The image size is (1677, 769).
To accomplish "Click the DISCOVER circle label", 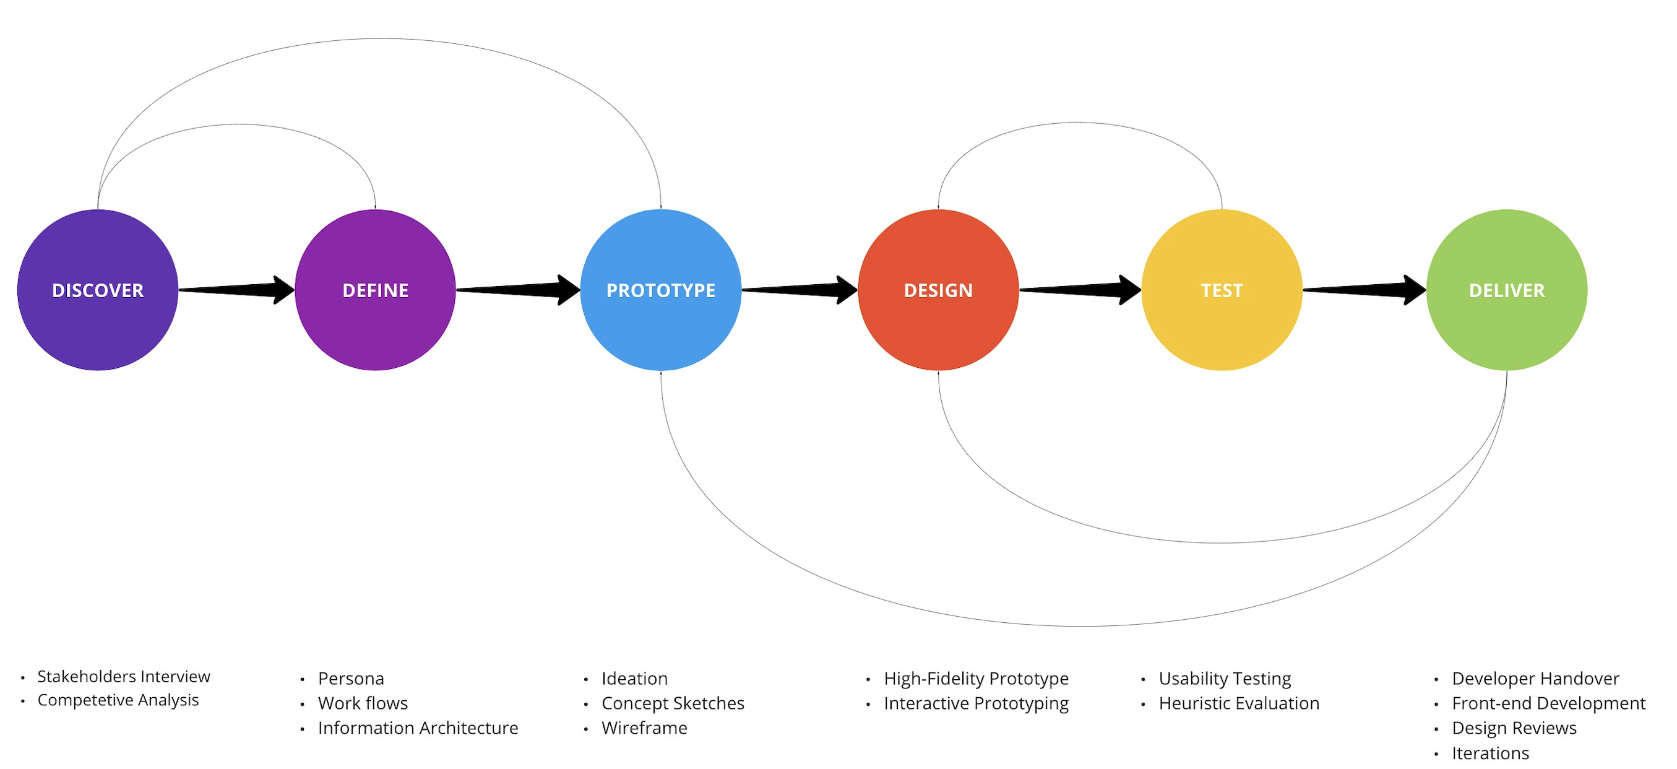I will click(x=98, y=290).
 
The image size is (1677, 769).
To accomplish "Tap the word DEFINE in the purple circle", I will click(x=375, y=290).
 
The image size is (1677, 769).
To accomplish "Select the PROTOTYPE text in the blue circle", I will click(x=660, y=290).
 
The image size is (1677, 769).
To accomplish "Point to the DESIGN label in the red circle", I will click(x=938, y=290).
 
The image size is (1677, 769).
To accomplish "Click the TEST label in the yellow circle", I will click(x=1222, y=290).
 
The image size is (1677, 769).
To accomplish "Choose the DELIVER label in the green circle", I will click(x=1506, y=290).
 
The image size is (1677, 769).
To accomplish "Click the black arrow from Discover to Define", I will click(x=238, y=290).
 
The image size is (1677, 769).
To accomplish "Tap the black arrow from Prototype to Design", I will click(x=800, y=290).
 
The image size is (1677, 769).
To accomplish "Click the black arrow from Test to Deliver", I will click(x=1364, y=290).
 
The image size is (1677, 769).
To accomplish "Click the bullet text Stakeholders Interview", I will click(x=124, y=677).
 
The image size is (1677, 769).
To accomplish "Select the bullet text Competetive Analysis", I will click(x=118, y=700).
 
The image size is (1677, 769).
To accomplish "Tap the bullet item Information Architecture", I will click(x=418, y=728).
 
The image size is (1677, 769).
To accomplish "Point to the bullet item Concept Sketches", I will click(x=673, y=703).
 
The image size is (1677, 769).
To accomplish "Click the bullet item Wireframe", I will click(x=644, y=728).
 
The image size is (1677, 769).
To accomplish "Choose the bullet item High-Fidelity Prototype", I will click(x=975, y=679).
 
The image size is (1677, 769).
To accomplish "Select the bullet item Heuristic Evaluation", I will click(x=1238, y=703).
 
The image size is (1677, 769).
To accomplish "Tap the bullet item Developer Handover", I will click(x=1535, y=679).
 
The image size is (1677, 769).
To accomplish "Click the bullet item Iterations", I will click(x=1489, y=754).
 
